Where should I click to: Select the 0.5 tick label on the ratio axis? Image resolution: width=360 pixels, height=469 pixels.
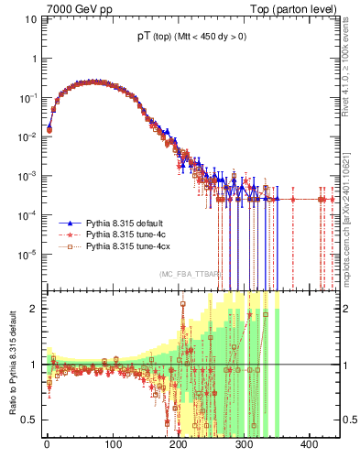[30, 420]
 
